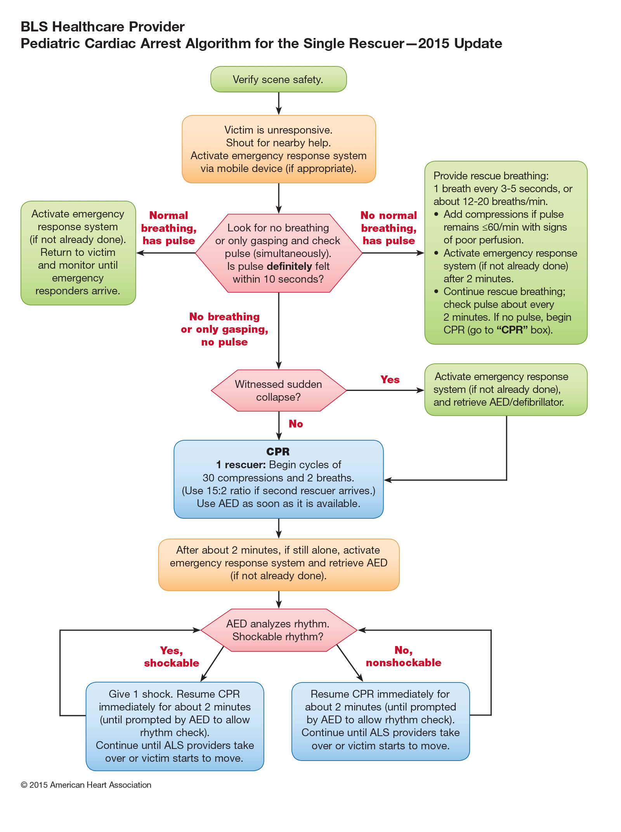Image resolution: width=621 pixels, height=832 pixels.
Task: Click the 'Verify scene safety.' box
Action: point(278,79)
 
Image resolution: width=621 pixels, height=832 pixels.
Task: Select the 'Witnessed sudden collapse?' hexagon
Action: point(278,391)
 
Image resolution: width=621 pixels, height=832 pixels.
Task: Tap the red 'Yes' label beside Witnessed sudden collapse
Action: point(390,380)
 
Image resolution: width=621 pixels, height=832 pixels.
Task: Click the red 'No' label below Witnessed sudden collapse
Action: point(295,424)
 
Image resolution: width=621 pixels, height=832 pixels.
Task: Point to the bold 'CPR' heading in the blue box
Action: point(278,452)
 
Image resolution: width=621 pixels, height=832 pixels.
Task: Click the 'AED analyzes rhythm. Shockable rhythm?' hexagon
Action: point(278,630)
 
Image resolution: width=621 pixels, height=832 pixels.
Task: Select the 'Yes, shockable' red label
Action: point(172,657)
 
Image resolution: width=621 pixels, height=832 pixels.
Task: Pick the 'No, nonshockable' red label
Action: point(403,656)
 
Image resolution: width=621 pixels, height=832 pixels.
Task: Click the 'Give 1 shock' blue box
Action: point(175,726)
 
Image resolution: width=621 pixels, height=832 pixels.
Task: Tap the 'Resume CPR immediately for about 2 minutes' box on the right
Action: point(380,721)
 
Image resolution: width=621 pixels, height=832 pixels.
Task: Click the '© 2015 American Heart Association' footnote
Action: point(86,785)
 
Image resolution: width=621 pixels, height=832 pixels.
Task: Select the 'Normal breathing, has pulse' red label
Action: point(168,228)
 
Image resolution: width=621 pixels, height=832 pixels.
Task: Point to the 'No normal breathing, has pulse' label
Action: point(389,228)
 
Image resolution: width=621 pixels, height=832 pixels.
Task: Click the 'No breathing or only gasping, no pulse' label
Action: point(224,329)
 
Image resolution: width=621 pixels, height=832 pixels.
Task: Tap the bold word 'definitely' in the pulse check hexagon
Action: point(290,266)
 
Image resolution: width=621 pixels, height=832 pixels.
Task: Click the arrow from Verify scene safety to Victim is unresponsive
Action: point(279,103)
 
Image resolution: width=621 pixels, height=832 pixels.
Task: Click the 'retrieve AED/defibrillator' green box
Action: point(505,389)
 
